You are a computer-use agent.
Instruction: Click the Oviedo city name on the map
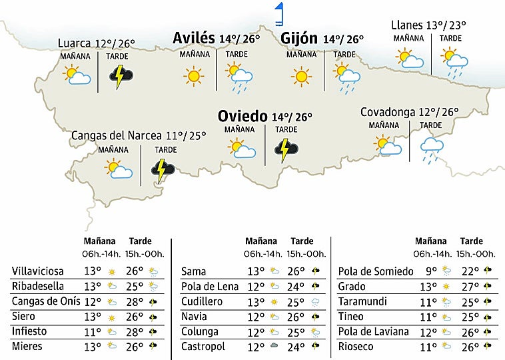pos(243,117)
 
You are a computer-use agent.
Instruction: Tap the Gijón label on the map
pos(300,38)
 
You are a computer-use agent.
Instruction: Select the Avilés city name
pos(193,38)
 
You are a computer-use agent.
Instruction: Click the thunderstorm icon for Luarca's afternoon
pos(121,77)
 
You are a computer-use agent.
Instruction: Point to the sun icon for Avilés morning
pos(194,77)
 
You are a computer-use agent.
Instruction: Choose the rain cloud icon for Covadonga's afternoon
pos(432,149)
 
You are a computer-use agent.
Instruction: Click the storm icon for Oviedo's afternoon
pos(286,149)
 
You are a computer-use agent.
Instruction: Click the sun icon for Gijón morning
pos(301,77)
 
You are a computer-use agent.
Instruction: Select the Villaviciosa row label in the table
pos(38,271)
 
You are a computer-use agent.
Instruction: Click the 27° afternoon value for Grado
pos(471,287)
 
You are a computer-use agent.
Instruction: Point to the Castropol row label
pos(203,347)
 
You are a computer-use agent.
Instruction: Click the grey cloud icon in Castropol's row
pos(274,347)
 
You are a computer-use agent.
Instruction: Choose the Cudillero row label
pos(203,301)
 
